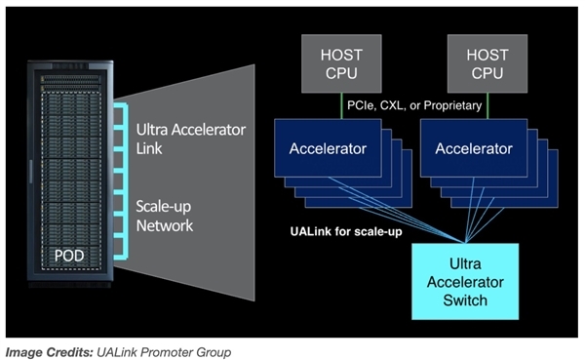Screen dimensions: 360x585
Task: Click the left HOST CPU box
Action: coord(341,64)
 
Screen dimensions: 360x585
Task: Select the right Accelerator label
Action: coord(473,149)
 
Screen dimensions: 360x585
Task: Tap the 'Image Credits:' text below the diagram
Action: coord(48,350)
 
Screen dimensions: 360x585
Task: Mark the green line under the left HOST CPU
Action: coord(341,104)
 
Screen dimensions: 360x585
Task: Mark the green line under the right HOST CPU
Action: coord(487,104)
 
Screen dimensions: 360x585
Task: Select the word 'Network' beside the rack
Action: coord(164,225)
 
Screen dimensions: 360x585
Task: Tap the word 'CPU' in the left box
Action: coord(341,74)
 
